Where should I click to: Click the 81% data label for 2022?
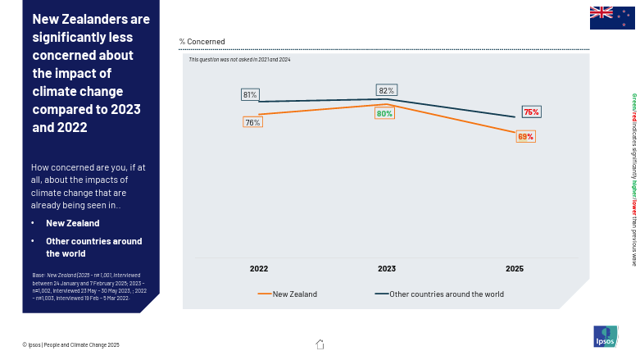coord(250,94)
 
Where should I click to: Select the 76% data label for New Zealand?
coord(252,122)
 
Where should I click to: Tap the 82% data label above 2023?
coord(386,90)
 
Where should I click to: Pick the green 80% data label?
coord(384,113)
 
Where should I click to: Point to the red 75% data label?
coord(531,112)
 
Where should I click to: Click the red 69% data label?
coord(525,136)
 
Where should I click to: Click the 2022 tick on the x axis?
coord(259,268)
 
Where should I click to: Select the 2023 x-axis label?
coord(387,268)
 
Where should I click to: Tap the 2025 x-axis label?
coord(515,268)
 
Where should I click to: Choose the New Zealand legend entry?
coord(288,294)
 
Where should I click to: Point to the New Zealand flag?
coord(612,17)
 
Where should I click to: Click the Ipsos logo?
coord(606,336)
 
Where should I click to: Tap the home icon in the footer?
coord(320,344)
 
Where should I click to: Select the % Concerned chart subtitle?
coord(202,41)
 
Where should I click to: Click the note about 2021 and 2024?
coord(239,60)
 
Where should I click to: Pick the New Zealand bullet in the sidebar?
coord(72,223)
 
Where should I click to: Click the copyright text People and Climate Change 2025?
coord(70,344)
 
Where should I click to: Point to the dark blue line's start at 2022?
coord(259,102)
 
